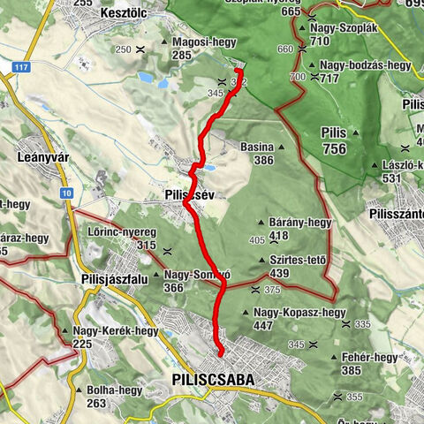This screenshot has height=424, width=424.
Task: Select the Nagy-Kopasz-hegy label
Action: pos(299,313)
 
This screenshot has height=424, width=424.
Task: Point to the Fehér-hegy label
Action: pos(371,357)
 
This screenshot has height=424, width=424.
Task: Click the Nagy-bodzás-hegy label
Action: pos(366,65)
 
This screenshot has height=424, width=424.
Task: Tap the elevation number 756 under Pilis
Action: pos(335,149)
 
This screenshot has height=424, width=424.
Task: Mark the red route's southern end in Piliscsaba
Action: pos(219,353)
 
